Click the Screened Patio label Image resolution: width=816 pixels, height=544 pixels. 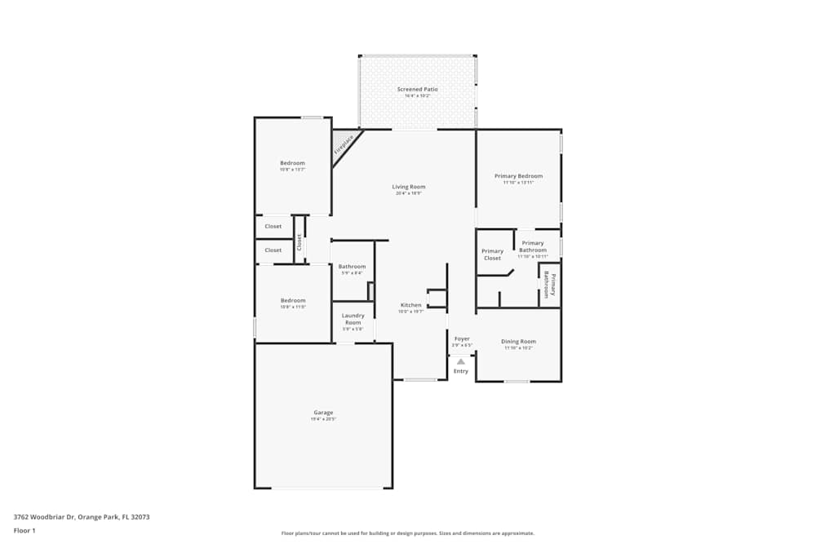(417, 89)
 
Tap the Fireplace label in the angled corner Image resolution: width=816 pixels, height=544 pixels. (344, 145)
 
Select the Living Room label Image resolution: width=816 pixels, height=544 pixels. (408, 187)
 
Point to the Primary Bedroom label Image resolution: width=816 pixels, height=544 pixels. (518, 176)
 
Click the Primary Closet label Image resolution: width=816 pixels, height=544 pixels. (492, 254)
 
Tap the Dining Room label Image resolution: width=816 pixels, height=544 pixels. (518, 341)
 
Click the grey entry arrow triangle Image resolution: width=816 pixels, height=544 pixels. (461, 360)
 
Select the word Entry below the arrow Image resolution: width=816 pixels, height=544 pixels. (461, 371)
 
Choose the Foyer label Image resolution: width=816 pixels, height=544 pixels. (462, 338)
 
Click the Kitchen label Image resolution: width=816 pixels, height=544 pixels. (410, 305)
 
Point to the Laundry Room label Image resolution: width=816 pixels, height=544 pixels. (353, 319)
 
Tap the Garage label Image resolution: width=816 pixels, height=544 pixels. (323, 413)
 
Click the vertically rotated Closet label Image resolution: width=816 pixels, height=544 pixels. (299, 242)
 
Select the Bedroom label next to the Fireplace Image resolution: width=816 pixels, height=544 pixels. (292, 163)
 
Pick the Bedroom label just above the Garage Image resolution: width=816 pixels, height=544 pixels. (292, 300)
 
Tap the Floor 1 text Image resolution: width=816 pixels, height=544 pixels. (24, 530)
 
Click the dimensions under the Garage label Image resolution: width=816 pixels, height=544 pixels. (323, 419)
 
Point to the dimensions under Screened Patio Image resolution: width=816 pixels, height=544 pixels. (417, 96)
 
